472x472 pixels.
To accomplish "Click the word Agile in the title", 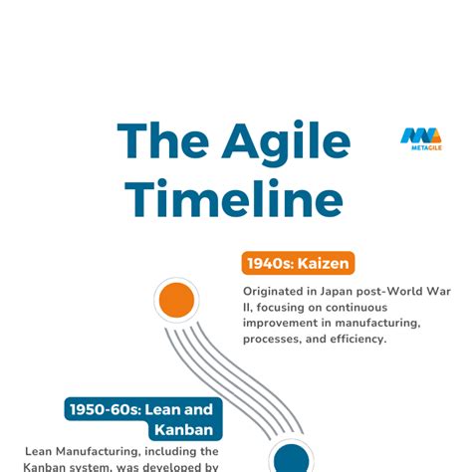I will click(288, 141).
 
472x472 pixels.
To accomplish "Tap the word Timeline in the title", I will click(234, 196).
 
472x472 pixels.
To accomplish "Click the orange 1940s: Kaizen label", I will click(298, 264).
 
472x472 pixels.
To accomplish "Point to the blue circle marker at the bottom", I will click(291, 459).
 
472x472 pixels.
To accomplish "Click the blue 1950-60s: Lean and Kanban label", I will click(141, 419).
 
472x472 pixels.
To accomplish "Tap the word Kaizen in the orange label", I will click(325, 264).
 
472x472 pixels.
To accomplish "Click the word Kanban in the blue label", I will click(183, 429).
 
